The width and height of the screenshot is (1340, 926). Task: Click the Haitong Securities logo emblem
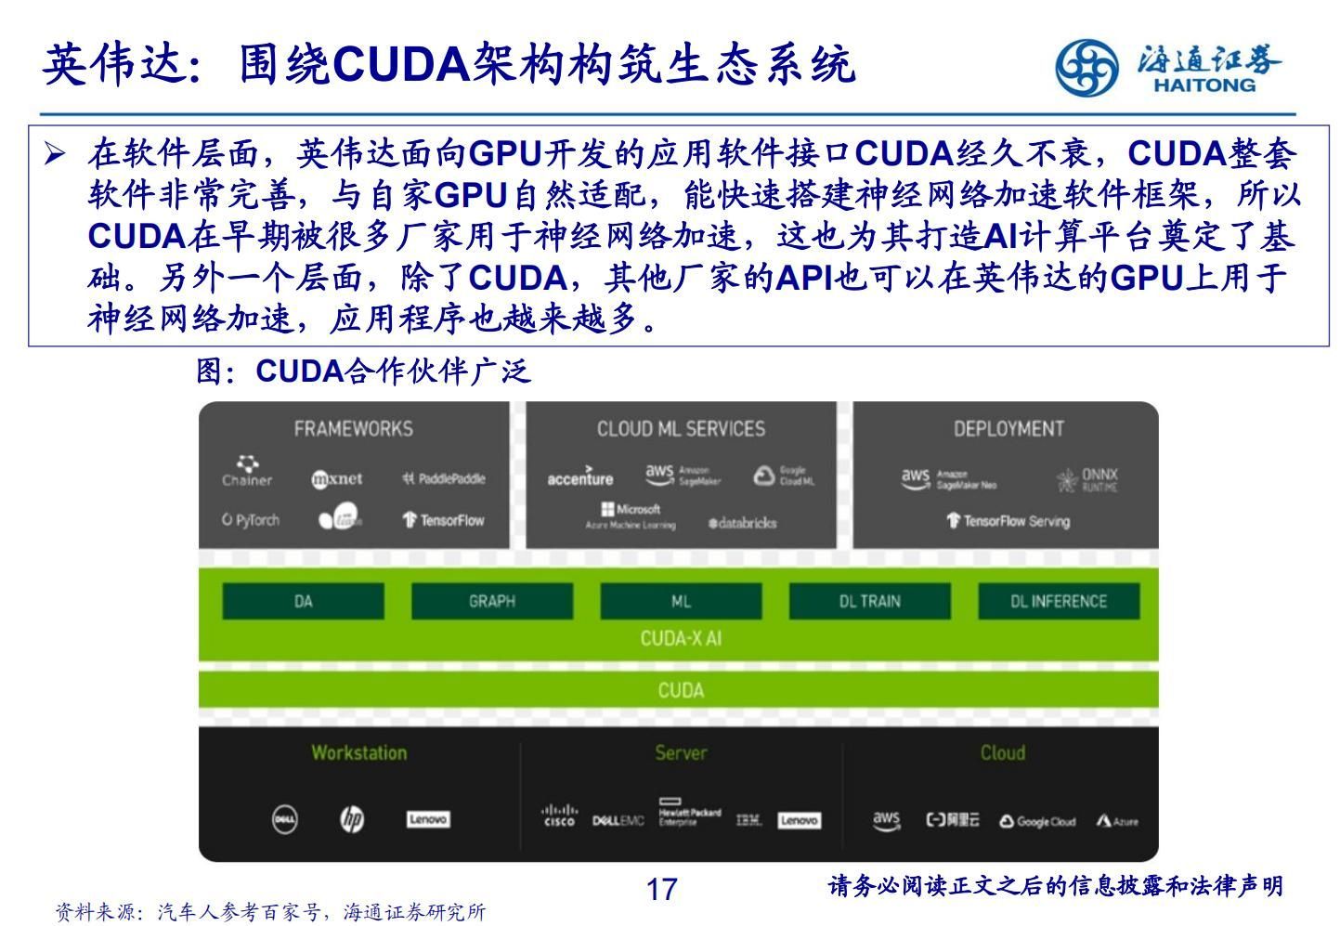point(1086,67)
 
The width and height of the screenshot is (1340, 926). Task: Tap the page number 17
point(661,890)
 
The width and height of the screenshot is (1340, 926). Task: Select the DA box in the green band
point(303,601)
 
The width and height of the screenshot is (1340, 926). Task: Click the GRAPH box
point(492,601)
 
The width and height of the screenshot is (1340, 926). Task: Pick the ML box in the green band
point(681,601)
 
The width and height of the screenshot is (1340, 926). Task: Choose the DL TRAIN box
point(869,601)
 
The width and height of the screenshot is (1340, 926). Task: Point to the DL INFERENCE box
point(1059,601)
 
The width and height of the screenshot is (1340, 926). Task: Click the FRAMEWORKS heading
point(354,429)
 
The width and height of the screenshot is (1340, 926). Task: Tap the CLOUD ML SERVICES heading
point(681,429)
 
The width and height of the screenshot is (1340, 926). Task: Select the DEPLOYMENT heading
point(1008,429)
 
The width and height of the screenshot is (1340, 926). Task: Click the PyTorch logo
point(251,520)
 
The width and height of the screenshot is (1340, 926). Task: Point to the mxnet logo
point(337,479)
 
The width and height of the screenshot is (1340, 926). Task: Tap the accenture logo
point(580,477)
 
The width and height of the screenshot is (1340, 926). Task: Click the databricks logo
point(742,523)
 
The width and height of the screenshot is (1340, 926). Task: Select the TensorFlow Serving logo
point(1008,521)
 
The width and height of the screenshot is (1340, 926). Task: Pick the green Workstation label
point(358,753)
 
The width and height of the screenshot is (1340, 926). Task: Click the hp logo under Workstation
point(352,819)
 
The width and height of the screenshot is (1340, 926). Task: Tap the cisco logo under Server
point(559,817)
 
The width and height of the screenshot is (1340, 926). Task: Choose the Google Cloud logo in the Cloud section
point(1037,821)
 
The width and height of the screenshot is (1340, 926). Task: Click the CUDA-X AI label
point(681,639)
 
